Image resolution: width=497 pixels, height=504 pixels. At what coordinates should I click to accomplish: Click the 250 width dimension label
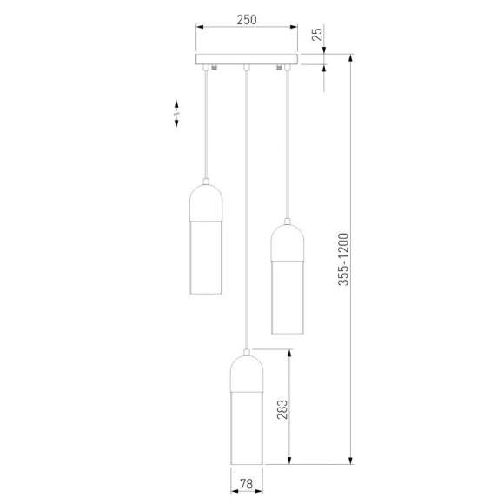(247, 19)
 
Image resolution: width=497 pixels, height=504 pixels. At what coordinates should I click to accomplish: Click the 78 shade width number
(247, 484)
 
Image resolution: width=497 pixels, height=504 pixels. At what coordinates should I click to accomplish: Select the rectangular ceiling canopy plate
(247, 60)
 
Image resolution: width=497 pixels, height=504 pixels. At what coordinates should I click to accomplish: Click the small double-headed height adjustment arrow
(176, 116)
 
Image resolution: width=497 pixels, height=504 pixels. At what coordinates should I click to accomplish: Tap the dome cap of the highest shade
(207, 201)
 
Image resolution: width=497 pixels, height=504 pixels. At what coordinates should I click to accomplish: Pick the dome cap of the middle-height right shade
(288, 241)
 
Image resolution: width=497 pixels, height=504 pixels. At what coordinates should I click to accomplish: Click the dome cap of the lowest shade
(247, 368)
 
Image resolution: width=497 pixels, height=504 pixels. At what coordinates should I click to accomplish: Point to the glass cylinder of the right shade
(288, 295)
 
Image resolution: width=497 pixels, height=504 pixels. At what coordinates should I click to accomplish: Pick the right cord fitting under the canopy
(281, 68)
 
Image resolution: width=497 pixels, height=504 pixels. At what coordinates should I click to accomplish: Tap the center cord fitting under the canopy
(247, 68)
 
